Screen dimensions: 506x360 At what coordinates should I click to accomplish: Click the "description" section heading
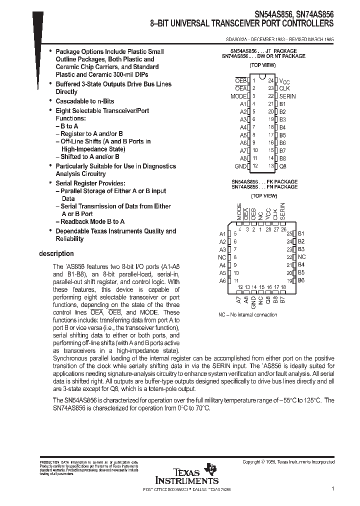[x=56, y=253]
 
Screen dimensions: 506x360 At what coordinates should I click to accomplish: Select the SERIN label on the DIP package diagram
[x=287, y=96]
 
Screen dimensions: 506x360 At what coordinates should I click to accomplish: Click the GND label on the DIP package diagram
[x=240, y=166]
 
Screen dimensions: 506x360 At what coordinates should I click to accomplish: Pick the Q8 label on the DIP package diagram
[x=282, y=166]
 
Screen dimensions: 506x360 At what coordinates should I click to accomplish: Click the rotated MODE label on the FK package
[x=239, y=211]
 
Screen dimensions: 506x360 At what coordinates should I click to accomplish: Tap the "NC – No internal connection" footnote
[x=247, y=314]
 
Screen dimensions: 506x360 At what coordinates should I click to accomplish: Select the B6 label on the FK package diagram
[x=301, y=280]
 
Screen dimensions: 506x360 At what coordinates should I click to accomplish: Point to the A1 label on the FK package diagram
[x=222, y=233]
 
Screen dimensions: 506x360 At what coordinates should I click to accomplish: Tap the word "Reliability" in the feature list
[x=69, y=238]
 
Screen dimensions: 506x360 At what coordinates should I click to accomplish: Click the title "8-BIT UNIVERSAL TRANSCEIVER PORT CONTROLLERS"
[x=242, y=23]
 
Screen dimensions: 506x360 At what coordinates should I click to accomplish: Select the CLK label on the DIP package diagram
[x=284, y=88]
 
